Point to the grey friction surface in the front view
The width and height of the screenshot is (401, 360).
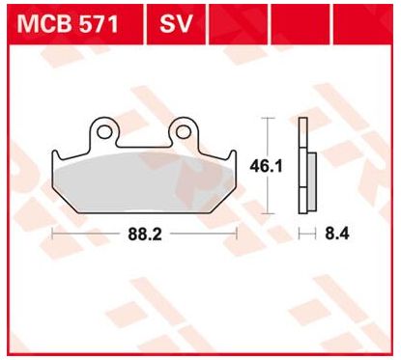[145, 179]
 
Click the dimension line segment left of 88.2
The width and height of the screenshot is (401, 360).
[87, 233]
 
